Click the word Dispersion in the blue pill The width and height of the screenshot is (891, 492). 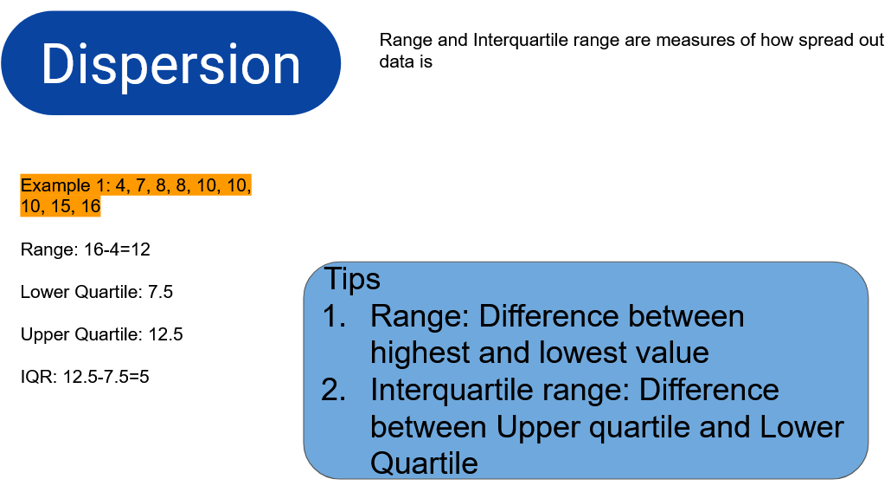pyautogui.click(x=170, y=65)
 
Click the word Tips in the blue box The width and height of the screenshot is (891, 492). pyautogui.click(x=352, y=279)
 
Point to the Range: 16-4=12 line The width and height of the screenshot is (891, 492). pyautogui.click(x=86, y=249)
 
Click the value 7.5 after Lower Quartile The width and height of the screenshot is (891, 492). pyautogui.click(x=160, y=292)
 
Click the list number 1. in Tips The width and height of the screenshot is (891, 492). pyautogui.click(x=334, y=316)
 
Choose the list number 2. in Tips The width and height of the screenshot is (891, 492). pyautogui.click(x=334, y=390)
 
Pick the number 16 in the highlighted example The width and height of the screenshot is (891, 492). pyautogui.click(x=90, y=206)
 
